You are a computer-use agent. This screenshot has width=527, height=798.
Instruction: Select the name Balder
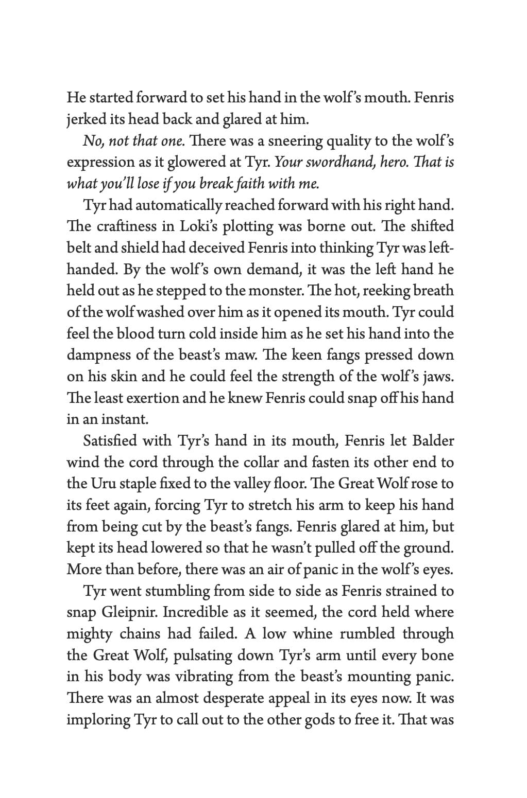pyautogui.click(x=435, y=441)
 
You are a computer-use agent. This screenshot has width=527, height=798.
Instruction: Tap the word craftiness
pyautogui.click(x=131, y=226)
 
